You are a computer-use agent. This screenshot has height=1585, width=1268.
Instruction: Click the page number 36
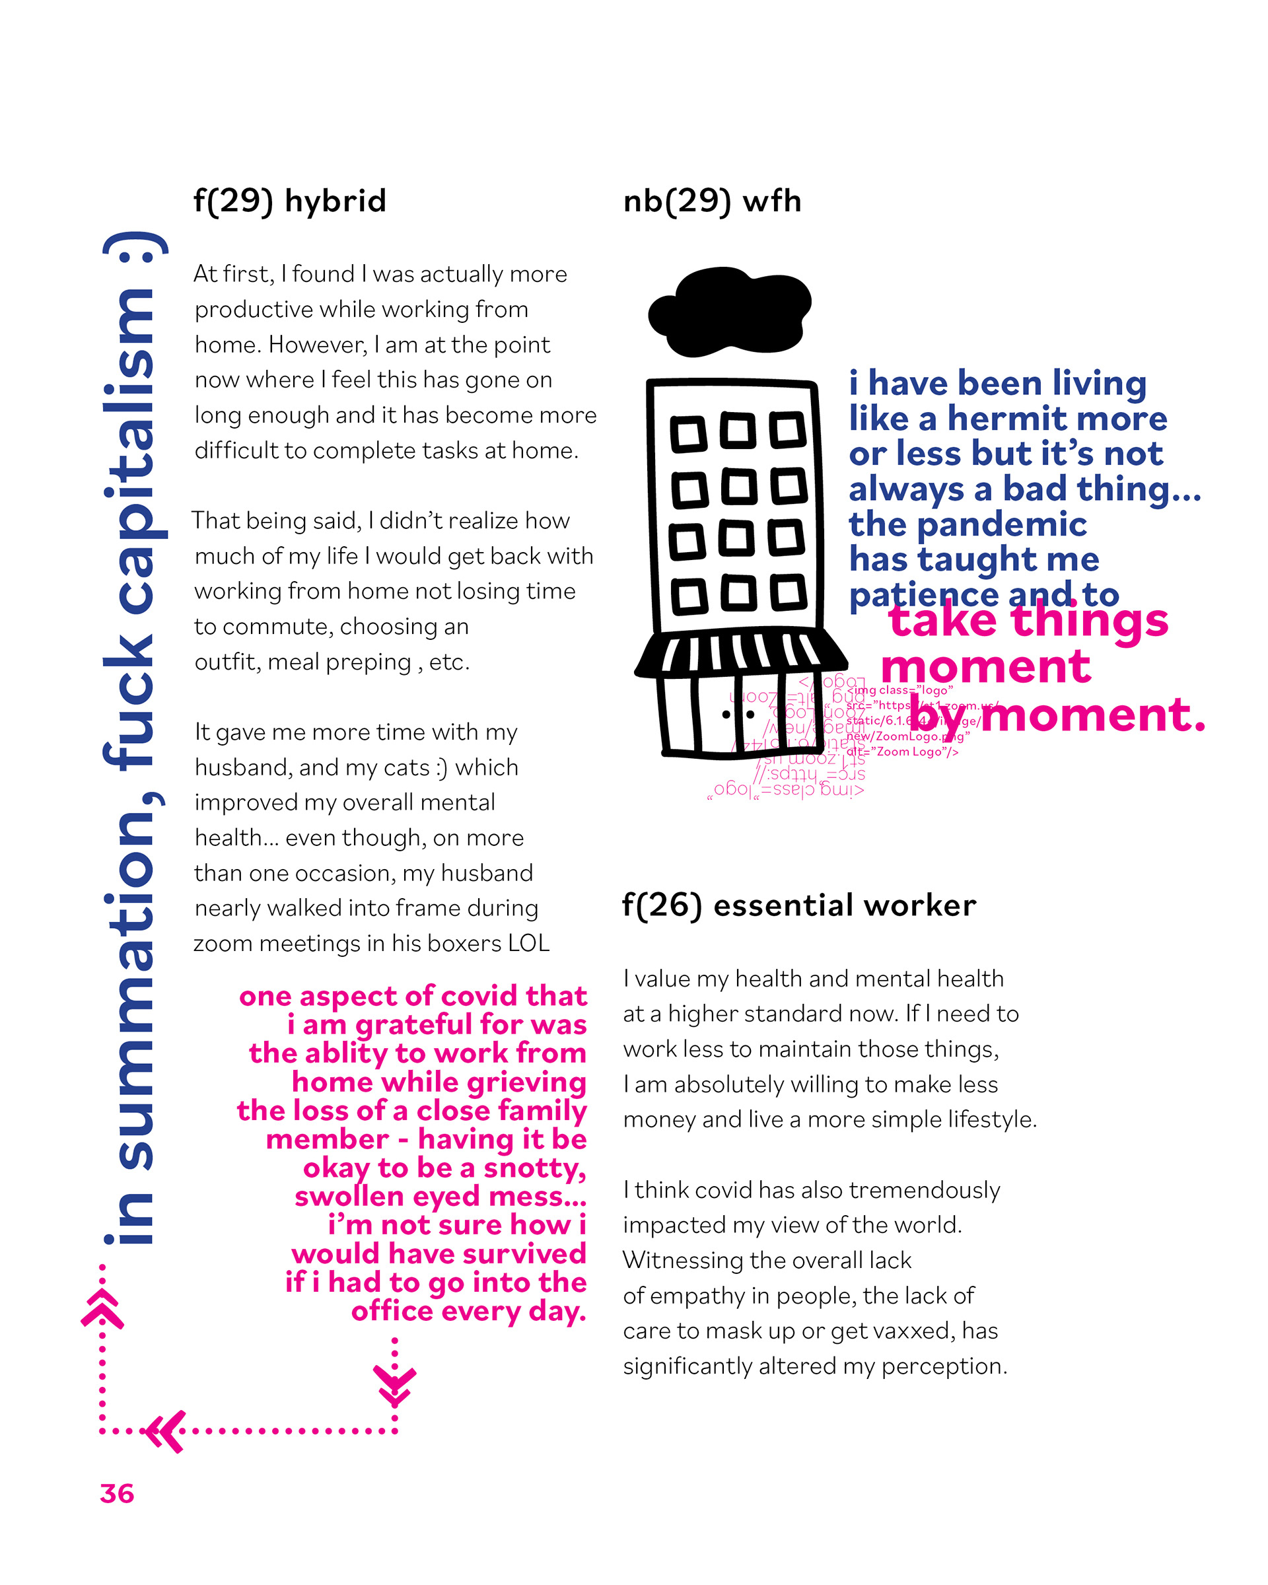coord(117,1494)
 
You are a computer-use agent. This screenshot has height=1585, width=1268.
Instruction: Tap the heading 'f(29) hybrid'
coord(290,201)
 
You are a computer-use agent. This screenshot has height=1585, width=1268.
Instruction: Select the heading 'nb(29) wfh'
coord(711,201)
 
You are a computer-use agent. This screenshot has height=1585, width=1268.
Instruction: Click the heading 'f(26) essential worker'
coord(799,905)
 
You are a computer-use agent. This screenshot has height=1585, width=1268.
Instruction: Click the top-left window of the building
coord(688,434)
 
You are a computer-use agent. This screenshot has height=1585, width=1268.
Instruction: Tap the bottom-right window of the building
coord(788,592)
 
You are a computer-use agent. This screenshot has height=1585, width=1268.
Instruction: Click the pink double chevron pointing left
coord(165,1430)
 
